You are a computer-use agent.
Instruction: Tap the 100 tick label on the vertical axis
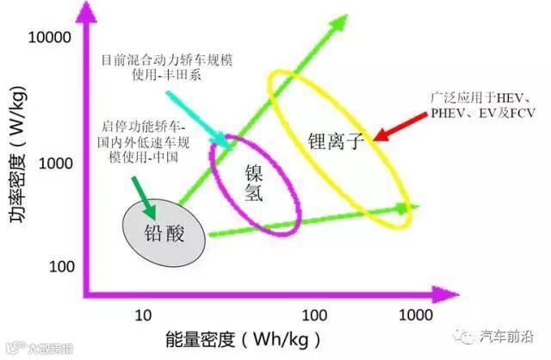coord(61,266)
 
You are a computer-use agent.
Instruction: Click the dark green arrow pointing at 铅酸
coord(142,197)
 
